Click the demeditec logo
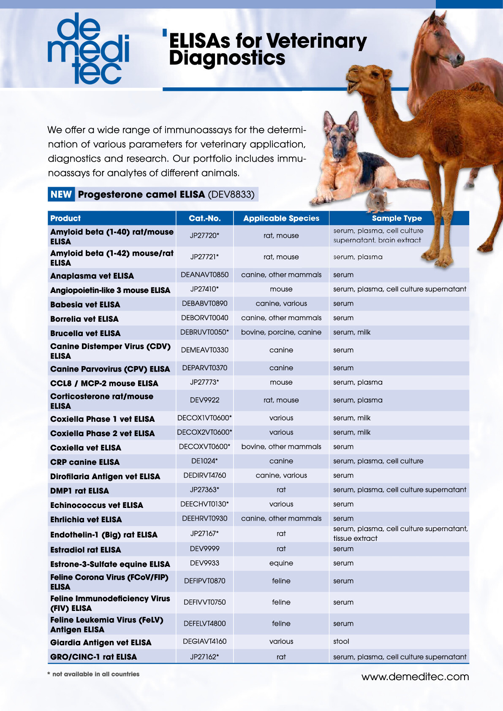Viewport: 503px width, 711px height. (x=88, y=48)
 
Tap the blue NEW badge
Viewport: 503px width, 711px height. (x=61, y=194)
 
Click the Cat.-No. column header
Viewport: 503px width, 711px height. (x=204, y=218)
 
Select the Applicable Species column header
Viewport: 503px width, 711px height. (x=281, y=218)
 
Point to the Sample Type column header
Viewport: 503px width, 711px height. (x=397, y=218)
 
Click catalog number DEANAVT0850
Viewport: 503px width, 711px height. (x=204, y=275)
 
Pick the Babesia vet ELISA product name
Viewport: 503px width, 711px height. (x=85, y=304)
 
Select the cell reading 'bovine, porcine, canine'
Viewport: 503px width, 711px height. (x=281, y=332)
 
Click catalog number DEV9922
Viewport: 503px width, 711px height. (x=204, y=400)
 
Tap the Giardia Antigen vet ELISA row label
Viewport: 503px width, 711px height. (x=101, y=643)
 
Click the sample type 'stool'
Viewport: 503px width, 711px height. (x=341, y=641)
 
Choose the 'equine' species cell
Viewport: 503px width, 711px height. (x=281, y=563)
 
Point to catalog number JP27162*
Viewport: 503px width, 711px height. (x=204, y=657)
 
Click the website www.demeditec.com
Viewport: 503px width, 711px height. (x=415, y=677)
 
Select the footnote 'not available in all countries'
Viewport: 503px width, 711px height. (x=95, y=674)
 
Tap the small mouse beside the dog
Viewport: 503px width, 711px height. (x=377, y=200)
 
